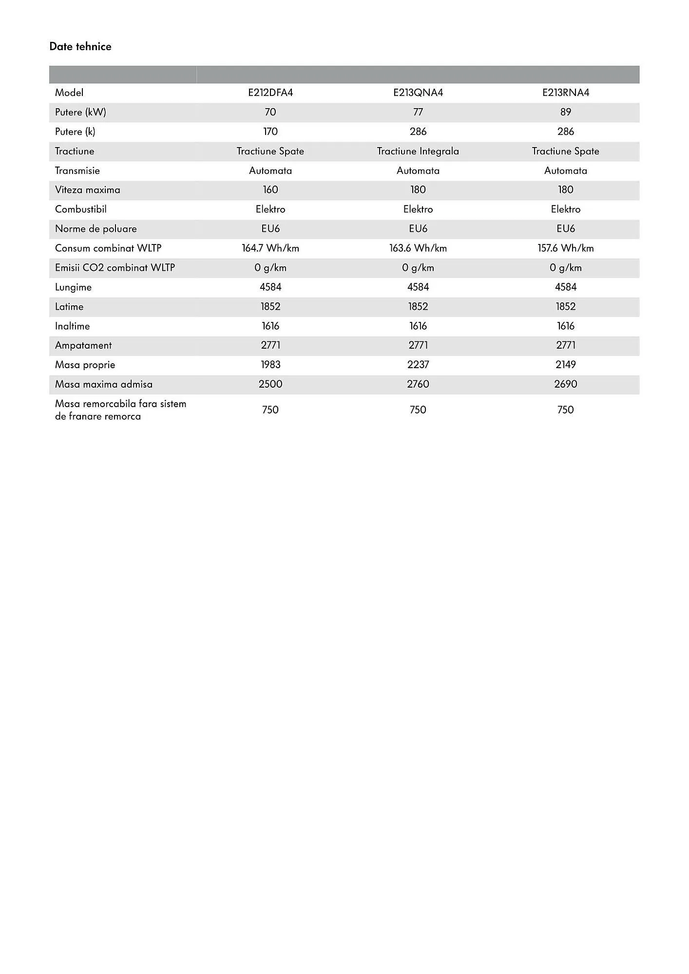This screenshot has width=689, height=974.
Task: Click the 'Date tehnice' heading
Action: pyautogui.click(x=80, y=47)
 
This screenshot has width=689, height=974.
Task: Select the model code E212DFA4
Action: pyautogui.click(x=270, y=93)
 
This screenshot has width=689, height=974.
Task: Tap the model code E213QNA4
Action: pyautogui.click(x=418, y=93)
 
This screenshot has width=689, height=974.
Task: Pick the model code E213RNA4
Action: pyautogui.click(x=566, y=93)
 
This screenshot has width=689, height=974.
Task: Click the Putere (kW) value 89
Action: pyautogui.click(x=566, y=112)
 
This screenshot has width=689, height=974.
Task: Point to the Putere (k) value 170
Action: pyautogui.click(x=270, y=131)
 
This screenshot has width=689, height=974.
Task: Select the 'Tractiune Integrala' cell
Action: pyautogui.click(x=418, y=151)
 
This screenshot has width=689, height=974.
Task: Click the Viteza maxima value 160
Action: pyautogui.click(x=270, y=189)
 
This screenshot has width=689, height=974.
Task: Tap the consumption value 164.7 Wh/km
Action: pyautogui.click(x=270, y=248)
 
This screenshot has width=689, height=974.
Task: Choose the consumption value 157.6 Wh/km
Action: pyautogui.click(x=566, y=248)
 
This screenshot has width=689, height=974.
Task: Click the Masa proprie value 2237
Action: pyautogui.click(x=418, y=364)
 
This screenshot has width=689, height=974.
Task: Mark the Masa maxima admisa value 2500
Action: pyautogui.click(x=270, y=384)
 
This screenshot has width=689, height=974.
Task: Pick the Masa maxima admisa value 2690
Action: pyautogui.click(x=566, y=384)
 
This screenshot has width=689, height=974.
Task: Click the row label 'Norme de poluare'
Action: pyautogui.click(x=96, y=228)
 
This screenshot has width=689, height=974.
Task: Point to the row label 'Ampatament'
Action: pyautogui.click(x=83, y=345)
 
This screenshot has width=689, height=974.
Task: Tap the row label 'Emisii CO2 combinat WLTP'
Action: pyautogui.click(x=115, y=267)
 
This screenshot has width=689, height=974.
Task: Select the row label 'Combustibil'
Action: pyautogui.click(x=81, y=209)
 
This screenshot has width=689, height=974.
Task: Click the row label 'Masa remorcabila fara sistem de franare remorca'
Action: pyautogui.click(x=120, y=410)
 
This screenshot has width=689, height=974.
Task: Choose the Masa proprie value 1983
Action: pyautogui.click(x=270, y=364)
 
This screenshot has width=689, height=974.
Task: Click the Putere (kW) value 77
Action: pyautogui.click(x=418, y=112)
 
